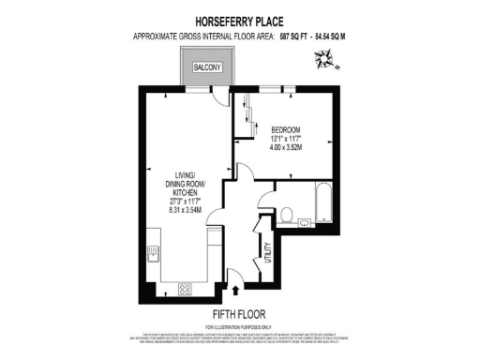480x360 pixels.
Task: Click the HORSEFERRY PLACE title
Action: point(239,18)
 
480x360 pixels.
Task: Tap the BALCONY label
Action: point(206,68)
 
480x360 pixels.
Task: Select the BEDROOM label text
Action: point(286,129)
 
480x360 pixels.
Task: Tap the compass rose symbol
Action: point(325,62)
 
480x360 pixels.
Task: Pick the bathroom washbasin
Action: point(306,223)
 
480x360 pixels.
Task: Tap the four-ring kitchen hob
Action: point(184,289)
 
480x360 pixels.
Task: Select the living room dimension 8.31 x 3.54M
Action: point(191,211)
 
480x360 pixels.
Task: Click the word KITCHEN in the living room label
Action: point(191,191)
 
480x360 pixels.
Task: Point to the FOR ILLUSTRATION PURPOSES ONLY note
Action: point(239,325)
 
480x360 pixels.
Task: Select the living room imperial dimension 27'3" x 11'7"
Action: point(191,202)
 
